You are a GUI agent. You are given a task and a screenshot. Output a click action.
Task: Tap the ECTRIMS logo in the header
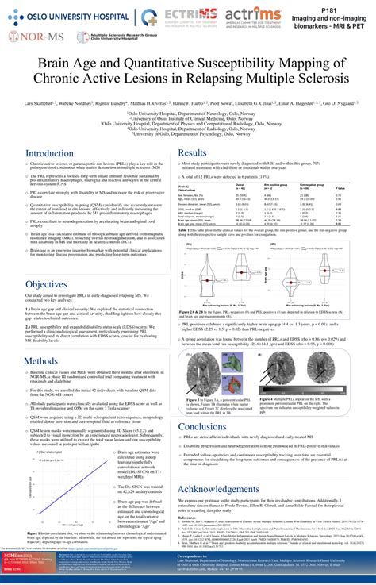click(x=187, y=17)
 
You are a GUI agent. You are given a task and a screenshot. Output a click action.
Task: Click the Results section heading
click(x=193, y=152)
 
